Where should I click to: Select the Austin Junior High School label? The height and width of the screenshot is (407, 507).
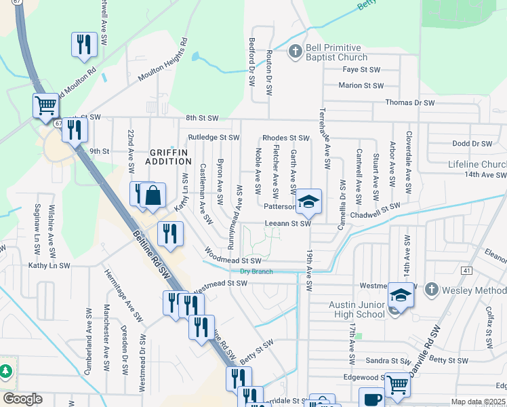tap(357, 310)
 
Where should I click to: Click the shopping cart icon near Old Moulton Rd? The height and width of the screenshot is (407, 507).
tap(45, 105)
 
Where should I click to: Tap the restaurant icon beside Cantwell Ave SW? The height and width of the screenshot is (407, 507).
tap(83, 44)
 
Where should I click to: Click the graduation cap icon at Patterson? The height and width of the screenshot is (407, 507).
tap(308, 201)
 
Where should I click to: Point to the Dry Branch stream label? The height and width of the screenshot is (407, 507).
tap(256, 271)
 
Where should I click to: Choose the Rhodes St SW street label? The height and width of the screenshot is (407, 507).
tap(285, 138)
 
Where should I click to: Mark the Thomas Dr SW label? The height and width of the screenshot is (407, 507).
tap(409, 102)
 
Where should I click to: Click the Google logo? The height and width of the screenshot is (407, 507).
tap(22, 399)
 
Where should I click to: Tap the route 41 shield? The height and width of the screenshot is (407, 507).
tap(466, 271)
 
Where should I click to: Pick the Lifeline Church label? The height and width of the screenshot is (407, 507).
tap(477, 165)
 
